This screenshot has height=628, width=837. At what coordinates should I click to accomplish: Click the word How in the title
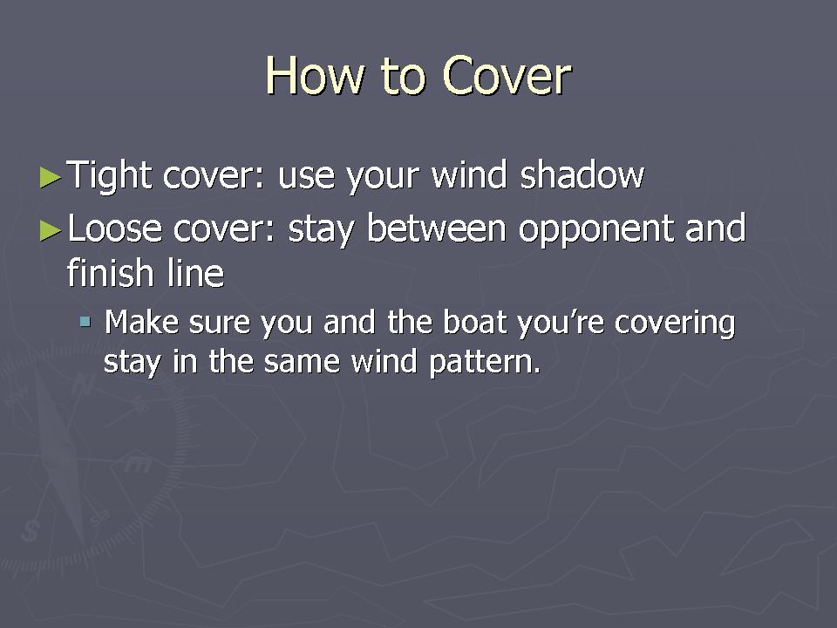pos(316,76)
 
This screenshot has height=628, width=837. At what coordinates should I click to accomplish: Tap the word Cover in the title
pos(507,76)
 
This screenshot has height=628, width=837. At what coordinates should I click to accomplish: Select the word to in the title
pos(404,77)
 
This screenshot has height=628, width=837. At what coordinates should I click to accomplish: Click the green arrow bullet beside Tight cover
pos(51,177)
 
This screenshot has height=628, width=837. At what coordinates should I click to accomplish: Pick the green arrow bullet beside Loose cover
pos(51,230)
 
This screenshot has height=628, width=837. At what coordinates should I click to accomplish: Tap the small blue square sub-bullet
pos(85,322)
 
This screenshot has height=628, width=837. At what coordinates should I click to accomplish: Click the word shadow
pos(582,174)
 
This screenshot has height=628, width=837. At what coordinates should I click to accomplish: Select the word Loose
pos(115,228)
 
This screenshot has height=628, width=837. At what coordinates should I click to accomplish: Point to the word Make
pos(141,322)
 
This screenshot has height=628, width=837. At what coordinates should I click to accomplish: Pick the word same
pos(302,361)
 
